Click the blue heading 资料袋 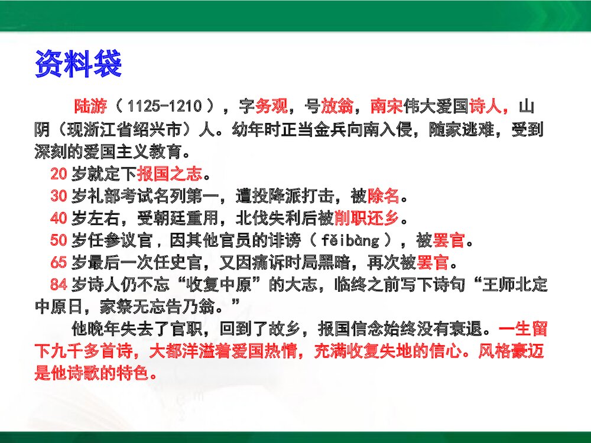tap(78, 64)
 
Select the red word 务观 tap(272, 107)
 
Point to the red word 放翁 tap(337, 107)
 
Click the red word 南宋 tap(387, 107)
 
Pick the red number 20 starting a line tap(59, 174)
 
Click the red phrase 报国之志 tap(170, 174)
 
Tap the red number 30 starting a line tap(59, 196)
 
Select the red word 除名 tap(384, 196)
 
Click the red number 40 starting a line tap(59, 219)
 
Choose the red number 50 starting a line tap(59, 241)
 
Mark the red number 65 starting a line tap(59, 263)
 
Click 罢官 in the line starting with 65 tap(433, 263)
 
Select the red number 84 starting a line tap(59, 285)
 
